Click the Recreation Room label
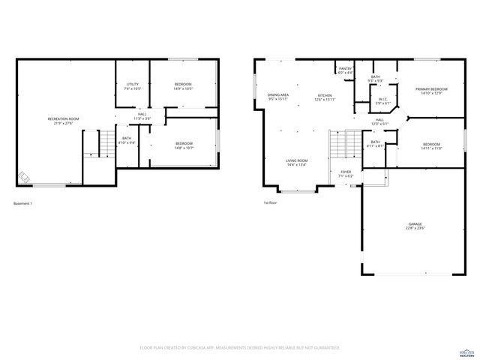pos(63,121)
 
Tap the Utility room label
pos(133,86)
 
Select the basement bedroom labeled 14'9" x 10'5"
pos(184,85)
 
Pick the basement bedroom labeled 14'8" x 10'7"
pos(184,145)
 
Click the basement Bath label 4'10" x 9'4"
pos(127,140)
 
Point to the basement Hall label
pos(142,116)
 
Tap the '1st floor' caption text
pos(269,203)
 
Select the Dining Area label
pos(279,97)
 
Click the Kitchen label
pos(325,97)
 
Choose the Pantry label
pos(345,70)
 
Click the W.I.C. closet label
pos(382,100)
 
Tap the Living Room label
pos(296,163)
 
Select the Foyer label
pos(346,174)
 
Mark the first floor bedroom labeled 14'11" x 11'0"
pos(431,146)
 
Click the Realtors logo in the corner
pos(466,349)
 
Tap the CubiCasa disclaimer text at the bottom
pos(240,348)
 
